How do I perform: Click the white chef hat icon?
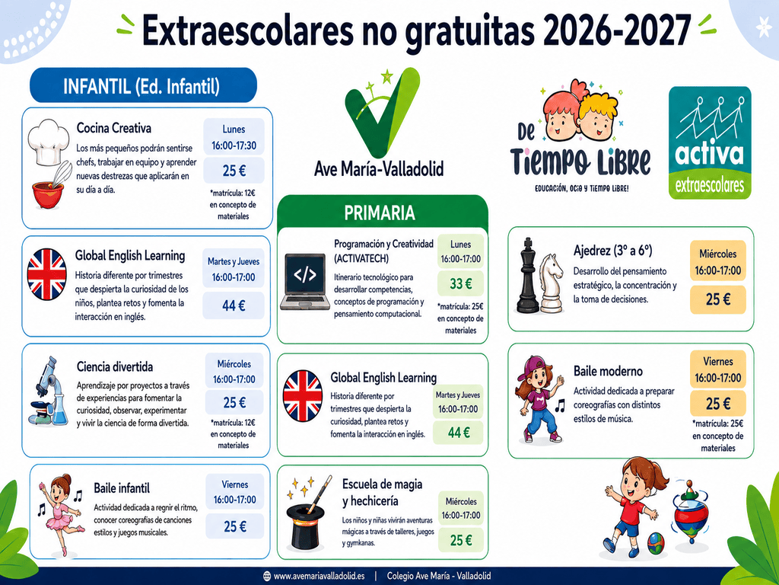(48, 142)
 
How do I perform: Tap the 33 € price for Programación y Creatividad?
(460, 283)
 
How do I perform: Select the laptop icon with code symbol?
(305, 282)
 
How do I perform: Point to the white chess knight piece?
(552, 283)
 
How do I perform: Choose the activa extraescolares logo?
(710, 142)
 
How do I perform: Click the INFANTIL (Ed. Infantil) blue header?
(143, 85)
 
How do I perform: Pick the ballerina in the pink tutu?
(61, 513)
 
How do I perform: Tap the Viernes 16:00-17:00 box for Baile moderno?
(717, 369)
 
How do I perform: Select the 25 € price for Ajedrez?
(717, 299)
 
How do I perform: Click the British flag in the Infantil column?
(46, 274)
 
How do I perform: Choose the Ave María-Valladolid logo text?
(379, 169)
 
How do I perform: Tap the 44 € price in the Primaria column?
(458, 433)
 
